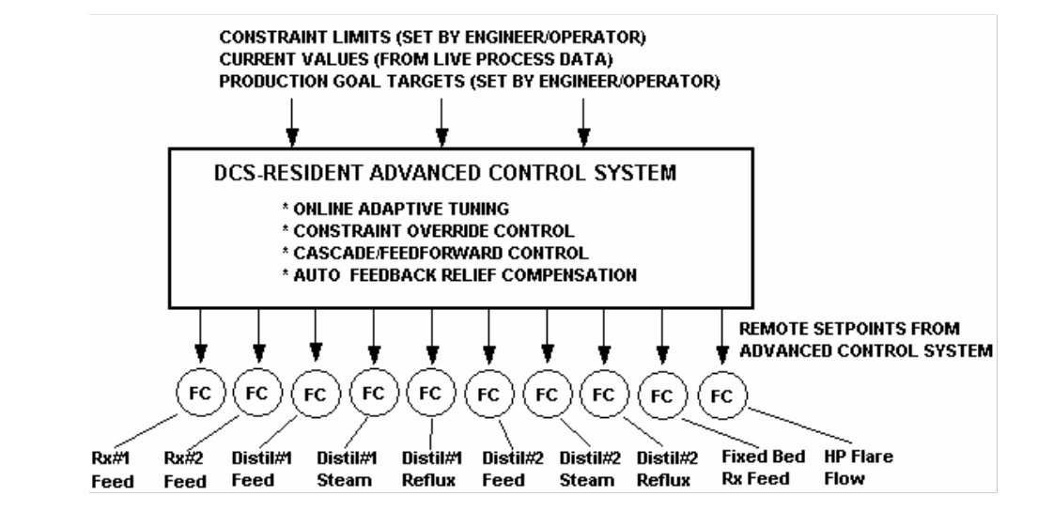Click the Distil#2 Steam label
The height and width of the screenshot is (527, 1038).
590,469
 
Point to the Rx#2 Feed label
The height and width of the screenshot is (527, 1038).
185,470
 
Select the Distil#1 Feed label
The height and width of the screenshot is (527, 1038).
261,469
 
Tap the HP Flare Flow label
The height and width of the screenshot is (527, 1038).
858,468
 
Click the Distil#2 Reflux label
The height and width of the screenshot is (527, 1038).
667,469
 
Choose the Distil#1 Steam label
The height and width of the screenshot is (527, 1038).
347,469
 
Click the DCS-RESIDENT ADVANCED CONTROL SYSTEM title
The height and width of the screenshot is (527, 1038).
445,173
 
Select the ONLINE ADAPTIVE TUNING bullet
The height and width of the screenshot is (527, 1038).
395,209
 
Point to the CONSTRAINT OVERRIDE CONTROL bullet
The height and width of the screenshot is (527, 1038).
428,231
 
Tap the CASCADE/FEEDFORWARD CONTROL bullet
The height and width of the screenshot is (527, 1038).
435,253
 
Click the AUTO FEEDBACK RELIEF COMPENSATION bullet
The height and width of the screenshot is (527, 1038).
459,274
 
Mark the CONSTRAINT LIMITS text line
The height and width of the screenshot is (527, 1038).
432,38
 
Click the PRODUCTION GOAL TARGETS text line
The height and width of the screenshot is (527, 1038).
470,82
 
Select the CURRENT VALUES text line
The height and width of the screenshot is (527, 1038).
416,59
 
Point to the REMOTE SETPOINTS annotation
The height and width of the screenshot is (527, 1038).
866,340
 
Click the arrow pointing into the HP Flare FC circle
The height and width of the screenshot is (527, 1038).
722,337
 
